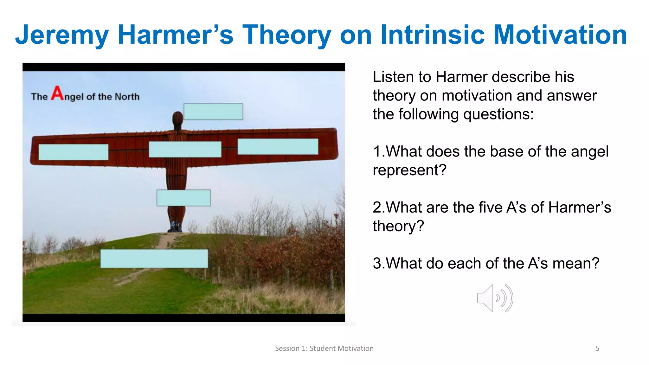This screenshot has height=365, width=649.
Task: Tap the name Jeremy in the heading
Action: [62, 35]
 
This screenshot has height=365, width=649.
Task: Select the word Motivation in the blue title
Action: [560, 35]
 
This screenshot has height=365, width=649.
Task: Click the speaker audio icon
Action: [495, 298]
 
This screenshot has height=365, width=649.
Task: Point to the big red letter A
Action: [58, 93]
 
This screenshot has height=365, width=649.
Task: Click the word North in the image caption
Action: [127, 97]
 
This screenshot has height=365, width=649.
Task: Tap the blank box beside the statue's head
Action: [213, 112]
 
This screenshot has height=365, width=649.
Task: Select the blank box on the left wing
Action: [74, 152]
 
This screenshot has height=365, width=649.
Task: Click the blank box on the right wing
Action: [278, 147]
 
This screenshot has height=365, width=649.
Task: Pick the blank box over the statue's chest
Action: [185, 149]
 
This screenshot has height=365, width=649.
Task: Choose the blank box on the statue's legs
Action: [183, 198]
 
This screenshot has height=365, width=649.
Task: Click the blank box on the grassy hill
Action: [154, 259]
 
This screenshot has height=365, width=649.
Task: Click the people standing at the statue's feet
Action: [175, 227]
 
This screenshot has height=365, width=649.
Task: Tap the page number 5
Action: [597, 349]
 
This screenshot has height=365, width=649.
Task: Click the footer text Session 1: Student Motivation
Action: [324, 349]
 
